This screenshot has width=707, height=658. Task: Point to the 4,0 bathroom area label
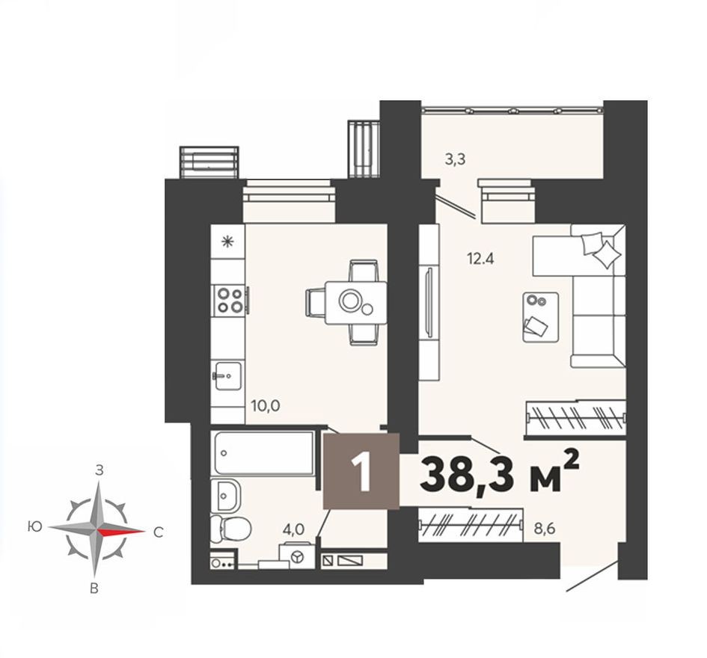tap(293, 528)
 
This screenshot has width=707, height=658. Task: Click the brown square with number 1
tap(361, 473)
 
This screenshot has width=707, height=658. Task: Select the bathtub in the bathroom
tap(262, 452)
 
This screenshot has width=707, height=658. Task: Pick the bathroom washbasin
tap(227, 494)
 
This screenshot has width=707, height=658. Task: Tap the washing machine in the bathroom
tap(297, 557)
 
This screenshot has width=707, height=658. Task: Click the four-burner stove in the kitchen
tap(228, 300)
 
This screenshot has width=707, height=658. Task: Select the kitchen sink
tap(227, 372)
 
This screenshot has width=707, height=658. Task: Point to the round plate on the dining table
tap(350, 301)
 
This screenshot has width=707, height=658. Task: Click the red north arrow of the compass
tap(121, 532)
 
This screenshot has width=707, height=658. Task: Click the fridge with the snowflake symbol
tap(227, 241)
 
